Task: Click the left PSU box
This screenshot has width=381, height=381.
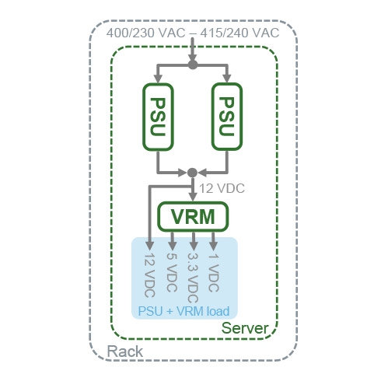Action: (158, 117)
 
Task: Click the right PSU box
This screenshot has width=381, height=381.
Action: (227, 117)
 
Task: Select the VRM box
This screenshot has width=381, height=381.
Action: (193, 217)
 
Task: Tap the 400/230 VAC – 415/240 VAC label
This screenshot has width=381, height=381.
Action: (193, 33)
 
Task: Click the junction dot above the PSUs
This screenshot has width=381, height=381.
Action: (193, 65)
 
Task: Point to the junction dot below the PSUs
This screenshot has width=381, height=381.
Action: (192, 173)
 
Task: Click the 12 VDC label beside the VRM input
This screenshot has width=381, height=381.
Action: (222, 188)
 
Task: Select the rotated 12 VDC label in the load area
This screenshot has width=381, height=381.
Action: (149, 274)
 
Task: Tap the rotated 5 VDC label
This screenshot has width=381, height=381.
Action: (172, 272)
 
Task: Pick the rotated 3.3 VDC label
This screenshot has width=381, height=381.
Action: (193, 278)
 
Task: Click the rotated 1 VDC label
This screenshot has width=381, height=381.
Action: (214, 273)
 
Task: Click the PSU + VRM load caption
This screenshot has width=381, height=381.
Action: (184, 311)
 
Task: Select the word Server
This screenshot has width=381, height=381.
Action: (245, 328)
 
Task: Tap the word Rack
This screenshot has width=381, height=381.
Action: (124, 351)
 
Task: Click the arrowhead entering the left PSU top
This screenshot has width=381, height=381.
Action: (158, 79)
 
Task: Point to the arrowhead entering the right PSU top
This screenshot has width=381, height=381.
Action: (227, 79)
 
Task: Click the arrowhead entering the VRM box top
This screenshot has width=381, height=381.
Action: (193, 197)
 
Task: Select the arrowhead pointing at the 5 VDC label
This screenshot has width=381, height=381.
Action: (173, 246)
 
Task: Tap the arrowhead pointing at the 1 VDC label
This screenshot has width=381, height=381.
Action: (213, 246)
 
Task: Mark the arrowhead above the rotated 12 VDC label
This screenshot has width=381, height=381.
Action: (149, 246)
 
